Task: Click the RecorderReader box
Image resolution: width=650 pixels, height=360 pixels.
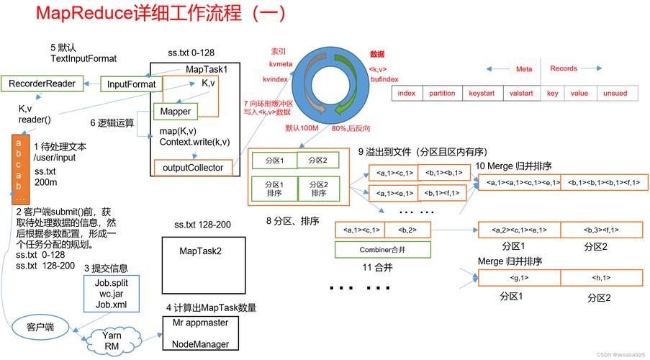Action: click(42, 84)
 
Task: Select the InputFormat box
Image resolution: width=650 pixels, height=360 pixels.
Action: click(131, 84)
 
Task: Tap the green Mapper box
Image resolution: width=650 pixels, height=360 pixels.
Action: click(175, 112)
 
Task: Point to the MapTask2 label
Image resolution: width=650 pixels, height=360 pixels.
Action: click(200, 251)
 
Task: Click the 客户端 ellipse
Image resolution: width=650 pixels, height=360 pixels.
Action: click(41, 327)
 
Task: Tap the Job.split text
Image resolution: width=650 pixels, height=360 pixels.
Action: click(112, 282)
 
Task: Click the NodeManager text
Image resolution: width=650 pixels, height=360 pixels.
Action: click(200, 344)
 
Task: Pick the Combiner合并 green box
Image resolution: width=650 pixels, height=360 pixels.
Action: click(383, 250)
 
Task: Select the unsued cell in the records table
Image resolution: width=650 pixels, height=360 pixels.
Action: click(615, 94)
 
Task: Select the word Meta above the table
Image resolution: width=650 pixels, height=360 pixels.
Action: click(524, 69)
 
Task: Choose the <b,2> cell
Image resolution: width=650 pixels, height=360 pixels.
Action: click(407, 230)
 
